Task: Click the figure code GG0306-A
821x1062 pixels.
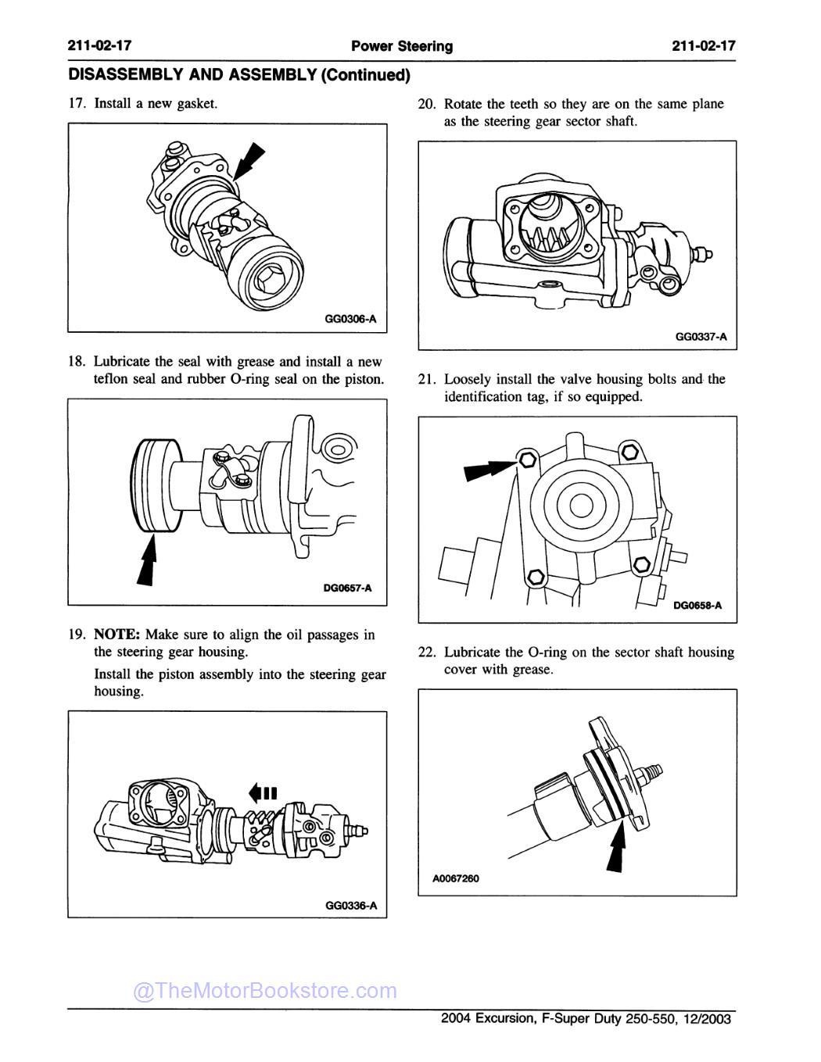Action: click(350, 319)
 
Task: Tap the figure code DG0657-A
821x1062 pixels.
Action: click(347, 589)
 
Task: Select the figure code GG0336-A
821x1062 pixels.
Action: click(351, 905)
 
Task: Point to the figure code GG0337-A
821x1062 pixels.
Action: click(701, 337)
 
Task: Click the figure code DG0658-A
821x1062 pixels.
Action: click(697, 605)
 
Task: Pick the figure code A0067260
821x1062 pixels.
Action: click(456, 878)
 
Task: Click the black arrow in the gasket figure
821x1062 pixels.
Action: click(250, 162)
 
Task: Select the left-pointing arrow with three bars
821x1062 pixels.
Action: click(263, 793)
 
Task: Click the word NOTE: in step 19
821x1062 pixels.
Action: click(117, 635)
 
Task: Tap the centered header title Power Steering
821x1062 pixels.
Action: click(402, 46)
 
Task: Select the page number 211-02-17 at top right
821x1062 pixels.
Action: click(704, 46)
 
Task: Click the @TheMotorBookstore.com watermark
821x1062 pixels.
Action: click(265, 991)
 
